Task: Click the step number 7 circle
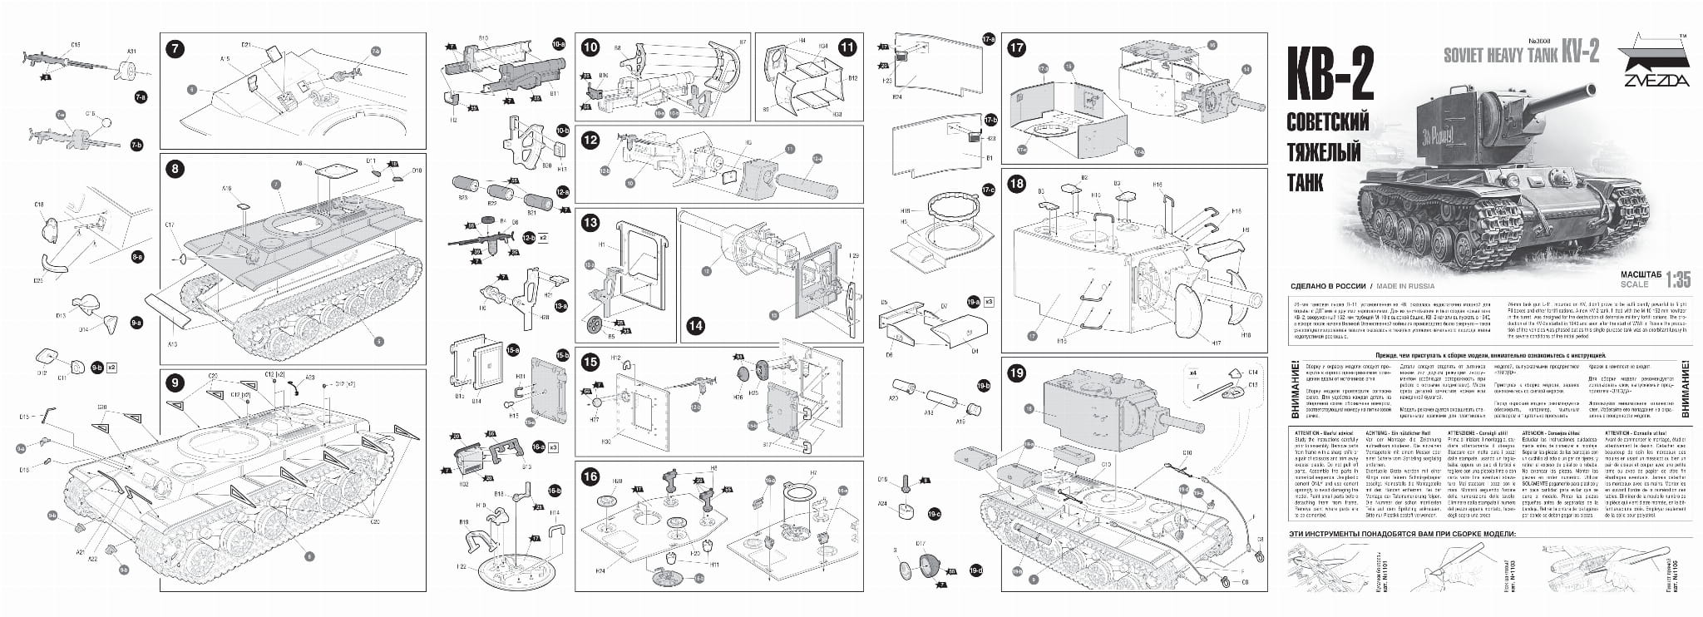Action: click(x=174, y=48)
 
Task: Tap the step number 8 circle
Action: click(x=174, y=170)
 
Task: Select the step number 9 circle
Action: click(x=174, y=383)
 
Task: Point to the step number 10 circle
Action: click(x=590, y=48)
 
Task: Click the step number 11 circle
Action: click(x=847, y=48)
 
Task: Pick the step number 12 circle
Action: click(x=590, y=140)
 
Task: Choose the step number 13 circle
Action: click(x=590, y=223)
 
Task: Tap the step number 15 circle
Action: click(x=590, y=362)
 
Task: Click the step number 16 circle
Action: click(x=590, y=476)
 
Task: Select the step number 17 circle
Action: click(x=1016, y=48)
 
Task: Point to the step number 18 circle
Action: click(x=1016, y=185)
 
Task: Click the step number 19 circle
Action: click(x=1016, y=374)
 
